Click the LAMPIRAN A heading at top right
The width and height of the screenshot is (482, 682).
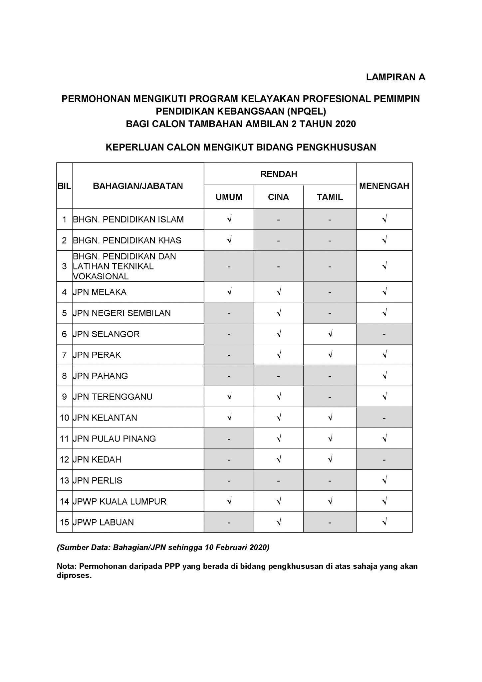395,77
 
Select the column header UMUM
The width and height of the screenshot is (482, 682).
229,197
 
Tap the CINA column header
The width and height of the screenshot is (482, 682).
278,197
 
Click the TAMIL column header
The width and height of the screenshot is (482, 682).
330,197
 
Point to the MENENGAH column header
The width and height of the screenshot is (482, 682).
384,186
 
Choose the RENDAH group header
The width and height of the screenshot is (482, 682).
279,174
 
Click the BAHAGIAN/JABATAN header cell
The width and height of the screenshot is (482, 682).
138,186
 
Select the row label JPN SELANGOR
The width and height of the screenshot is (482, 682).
106,334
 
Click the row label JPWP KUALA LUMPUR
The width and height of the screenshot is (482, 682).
120,502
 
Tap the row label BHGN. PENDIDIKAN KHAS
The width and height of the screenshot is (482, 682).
127,240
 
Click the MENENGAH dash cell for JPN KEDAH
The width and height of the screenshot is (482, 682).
384,460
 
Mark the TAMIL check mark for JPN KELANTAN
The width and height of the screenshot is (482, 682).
330,418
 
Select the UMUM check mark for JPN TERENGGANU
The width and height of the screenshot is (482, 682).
229,397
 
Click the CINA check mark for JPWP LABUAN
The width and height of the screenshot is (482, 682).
279,522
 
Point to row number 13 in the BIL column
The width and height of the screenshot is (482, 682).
64,481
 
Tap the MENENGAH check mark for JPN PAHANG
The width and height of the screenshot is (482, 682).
384,376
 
